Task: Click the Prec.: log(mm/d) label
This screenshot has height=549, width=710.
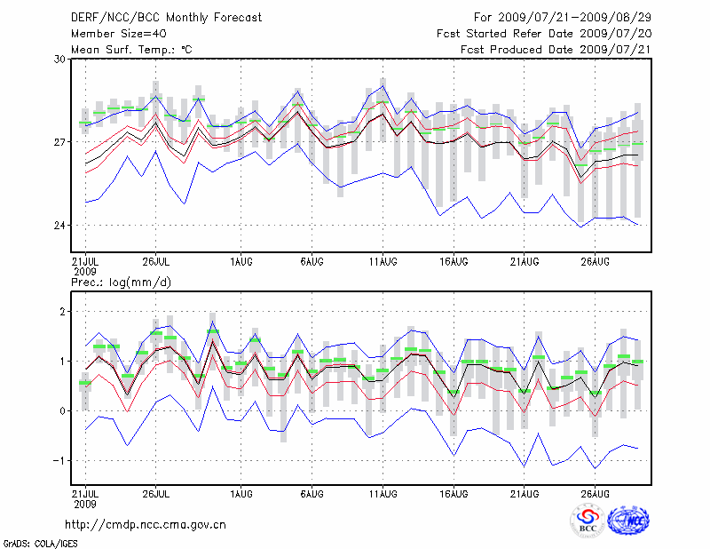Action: [122, 282]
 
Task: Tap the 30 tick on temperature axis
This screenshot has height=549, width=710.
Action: [59, 59]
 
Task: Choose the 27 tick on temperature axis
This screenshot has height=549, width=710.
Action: [59, 142]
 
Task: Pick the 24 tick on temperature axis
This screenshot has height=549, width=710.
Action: [59, 226]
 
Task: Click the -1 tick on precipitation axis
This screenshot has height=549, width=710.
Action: [60, 460]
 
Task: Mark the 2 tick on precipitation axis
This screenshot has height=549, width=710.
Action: [63, 312]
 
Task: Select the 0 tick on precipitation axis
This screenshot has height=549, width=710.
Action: [63, 411]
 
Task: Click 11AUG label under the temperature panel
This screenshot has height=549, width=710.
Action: [383, 261]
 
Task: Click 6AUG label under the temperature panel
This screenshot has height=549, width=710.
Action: [312, 261]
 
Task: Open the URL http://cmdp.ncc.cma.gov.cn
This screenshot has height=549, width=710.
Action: [146, 524]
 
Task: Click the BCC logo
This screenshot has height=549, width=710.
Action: [587, 521]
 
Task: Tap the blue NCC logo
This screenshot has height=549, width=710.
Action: [627, 521]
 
